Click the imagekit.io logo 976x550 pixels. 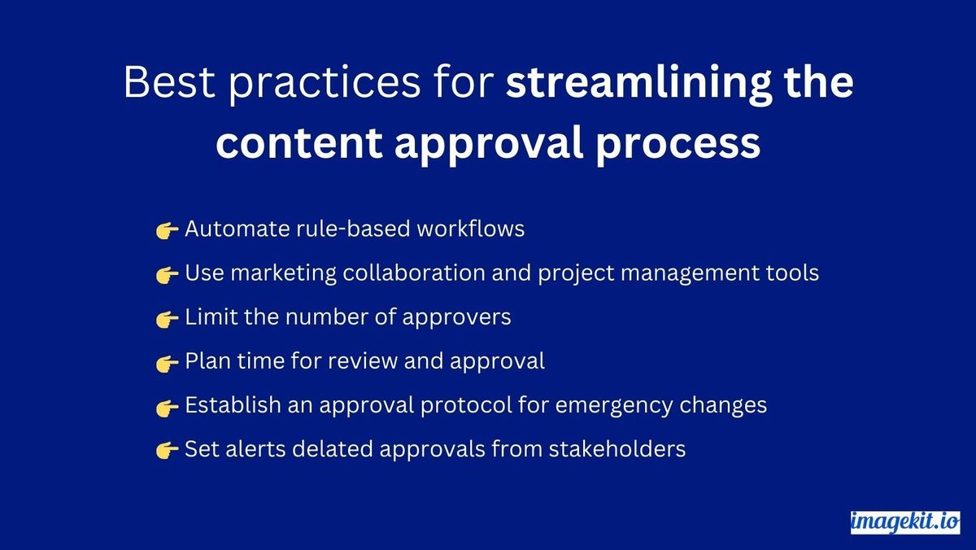[904, 522]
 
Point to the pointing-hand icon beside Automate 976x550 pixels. [167, 231]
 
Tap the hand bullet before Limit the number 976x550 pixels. [167, 319]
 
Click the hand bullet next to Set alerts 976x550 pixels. [167, 450]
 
